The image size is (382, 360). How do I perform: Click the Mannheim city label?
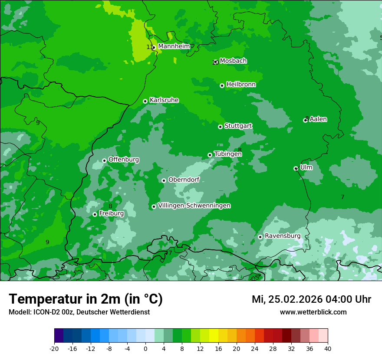pos(174,46)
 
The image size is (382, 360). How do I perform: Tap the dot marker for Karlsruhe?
pos(145,101)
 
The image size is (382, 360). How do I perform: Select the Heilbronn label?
pos(241,85)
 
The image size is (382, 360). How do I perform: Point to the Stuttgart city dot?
pos(220,127)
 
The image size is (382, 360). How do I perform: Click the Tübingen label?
pos(228,154)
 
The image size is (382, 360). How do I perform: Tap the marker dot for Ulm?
pos(296,168)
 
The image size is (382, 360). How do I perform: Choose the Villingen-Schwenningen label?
pos(194,206)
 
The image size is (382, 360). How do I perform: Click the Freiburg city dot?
pos(95,214)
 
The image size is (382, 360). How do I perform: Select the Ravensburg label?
pos(283,236)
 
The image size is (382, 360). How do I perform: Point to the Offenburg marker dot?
pos(104,160)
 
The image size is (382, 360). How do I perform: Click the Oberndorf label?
pos(184,180)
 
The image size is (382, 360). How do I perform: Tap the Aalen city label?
pos(318,119)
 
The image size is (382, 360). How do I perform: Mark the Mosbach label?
pos(233,61)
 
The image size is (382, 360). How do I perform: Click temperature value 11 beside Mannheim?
pos(149,47)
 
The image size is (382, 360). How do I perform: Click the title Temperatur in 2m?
pos(86,299)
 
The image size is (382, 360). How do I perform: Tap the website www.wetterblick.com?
pos(313,312)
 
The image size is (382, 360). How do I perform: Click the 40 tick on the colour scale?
pos(328,348)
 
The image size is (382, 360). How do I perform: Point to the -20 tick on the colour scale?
pos(54,348)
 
